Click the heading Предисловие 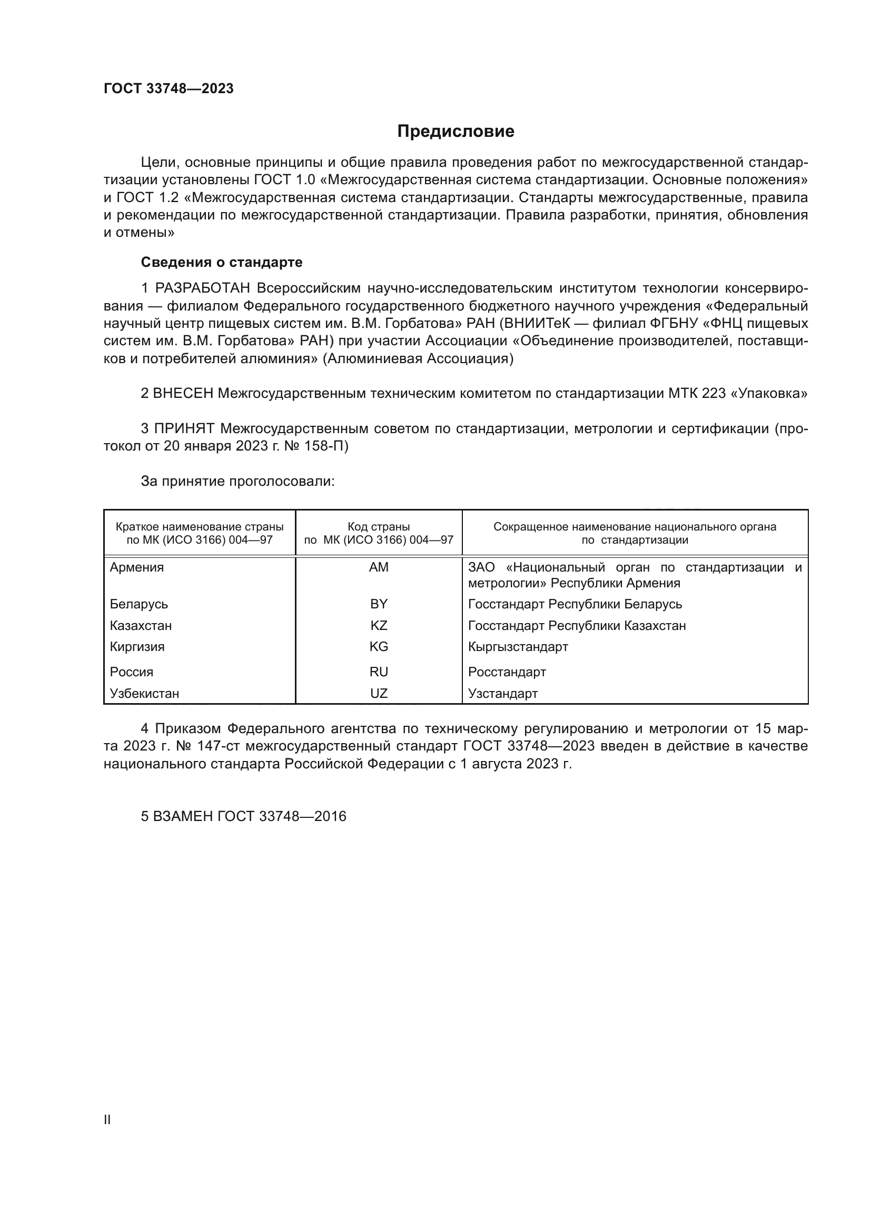[456, 132]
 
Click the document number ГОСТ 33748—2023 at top [169, 89]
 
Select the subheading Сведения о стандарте [222, 262]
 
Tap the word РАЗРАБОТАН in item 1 [202, 288]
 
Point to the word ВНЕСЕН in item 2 [183, 394]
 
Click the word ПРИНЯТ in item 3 [184, 428]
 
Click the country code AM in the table [379, 567]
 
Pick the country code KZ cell [379, 626]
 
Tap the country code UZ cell [379, 693]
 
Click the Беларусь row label [139, 604]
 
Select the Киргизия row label [137, 647]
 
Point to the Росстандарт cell [507, 672]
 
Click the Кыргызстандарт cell [518, 647]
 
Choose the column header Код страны [379, 527]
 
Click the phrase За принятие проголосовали [237, 482]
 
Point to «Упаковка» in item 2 [770, 394]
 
